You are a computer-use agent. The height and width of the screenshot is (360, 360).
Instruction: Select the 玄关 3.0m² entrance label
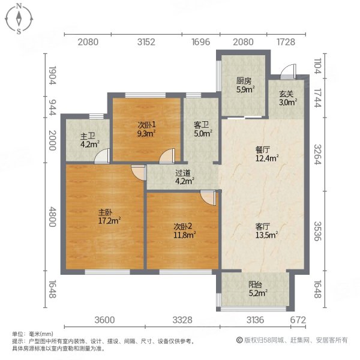pos(287,98)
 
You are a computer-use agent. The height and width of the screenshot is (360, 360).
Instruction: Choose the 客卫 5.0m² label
pos(201,130)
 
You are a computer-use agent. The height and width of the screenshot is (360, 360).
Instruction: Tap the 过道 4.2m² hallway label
pos(182,178)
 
